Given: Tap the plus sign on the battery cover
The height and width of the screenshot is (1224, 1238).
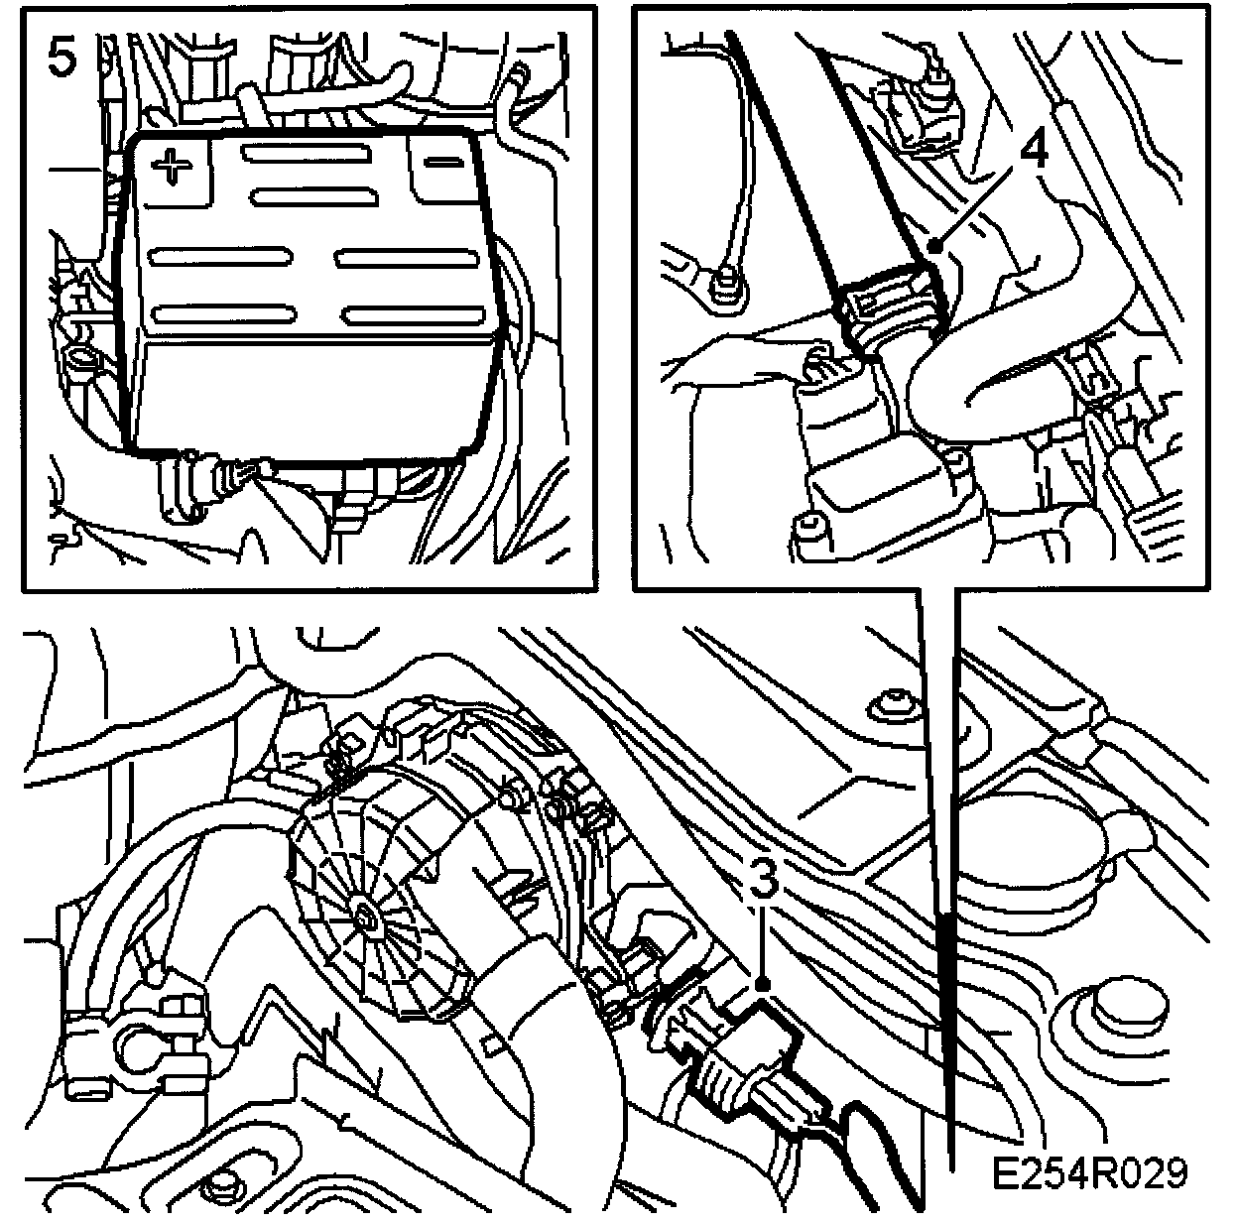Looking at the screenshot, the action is tap(171, 166).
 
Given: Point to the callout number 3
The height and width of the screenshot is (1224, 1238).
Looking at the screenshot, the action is tap(763, 877).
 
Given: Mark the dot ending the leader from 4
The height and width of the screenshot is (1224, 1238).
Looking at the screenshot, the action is tap(937, 245).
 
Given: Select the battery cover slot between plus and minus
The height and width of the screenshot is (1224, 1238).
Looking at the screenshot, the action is tap(307, 154).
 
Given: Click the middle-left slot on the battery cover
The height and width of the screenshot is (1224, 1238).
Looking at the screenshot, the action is tap(220, 258).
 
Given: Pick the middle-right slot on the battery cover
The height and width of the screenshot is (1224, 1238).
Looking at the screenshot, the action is tap(407, 258).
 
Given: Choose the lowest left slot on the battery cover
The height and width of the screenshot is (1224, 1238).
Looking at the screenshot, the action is tap(224, 315).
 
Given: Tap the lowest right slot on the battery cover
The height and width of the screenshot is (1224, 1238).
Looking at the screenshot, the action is tap(413, 315).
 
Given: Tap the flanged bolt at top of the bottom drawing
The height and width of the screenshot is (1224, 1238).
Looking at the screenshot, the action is tap(895, 707).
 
